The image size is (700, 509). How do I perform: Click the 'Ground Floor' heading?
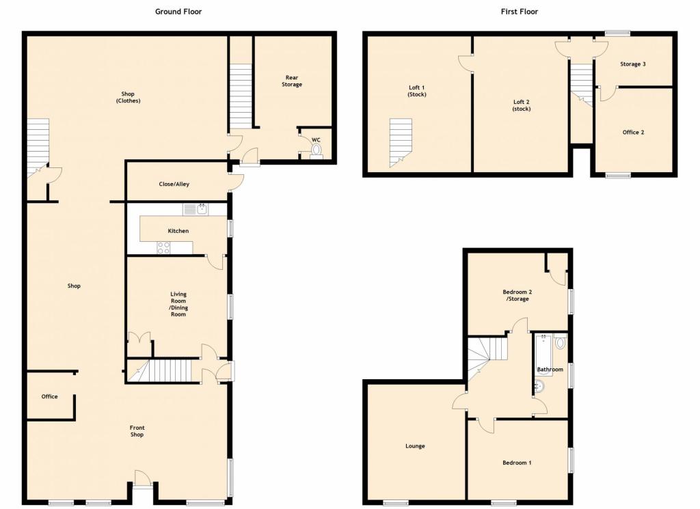tap(178, 12)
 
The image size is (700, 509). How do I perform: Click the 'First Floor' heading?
tap(519, 12)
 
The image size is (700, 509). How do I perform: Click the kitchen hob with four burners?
tap(164, 248)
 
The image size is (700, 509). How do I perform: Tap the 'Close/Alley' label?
tap(174, 184)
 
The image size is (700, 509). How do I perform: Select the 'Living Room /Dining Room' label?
tap(178, 305)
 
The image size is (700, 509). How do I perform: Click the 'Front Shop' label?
tap(137, 431)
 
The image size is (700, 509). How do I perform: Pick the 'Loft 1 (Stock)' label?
tap(416, 90)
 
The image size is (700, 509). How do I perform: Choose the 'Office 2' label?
tap(632, 132)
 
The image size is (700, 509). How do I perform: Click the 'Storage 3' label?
tap(632, 64)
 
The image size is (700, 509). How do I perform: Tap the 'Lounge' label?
tap(415, 446)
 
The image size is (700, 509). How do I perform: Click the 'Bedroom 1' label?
tap(517, 463)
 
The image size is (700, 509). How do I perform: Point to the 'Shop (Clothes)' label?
tap(127, 97)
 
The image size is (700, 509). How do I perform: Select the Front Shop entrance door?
tap(142, 479)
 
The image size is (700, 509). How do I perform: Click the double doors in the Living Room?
tap(139, 337)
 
